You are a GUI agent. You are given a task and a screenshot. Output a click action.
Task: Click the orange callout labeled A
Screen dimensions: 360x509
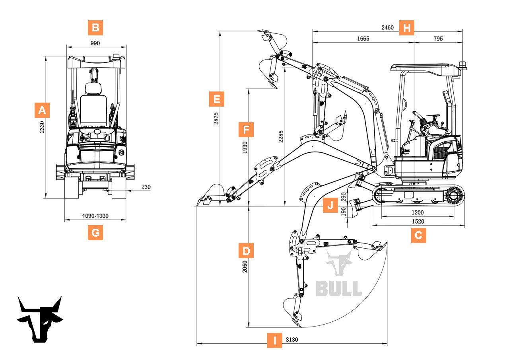[42, 110]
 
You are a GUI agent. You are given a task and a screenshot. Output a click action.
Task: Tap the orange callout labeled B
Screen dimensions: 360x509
[95, 28]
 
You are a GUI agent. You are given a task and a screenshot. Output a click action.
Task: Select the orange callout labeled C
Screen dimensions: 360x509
[418, 235]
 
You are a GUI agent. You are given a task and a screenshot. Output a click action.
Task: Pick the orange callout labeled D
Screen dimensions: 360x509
[246, 251]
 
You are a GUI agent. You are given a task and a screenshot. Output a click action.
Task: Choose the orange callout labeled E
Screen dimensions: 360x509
[217, 99]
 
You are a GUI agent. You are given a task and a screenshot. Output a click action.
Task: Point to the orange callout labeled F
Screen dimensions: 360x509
[246, 130]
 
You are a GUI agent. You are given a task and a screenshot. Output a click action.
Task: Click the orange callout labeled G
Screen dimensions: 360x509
[95, 232]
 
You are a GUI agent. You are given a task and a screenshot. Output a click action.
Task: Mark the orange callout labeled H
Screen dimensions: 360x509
[406, 28]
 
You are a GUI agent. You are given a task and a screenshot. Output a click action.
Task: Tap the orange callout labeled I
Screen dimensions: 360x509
[274, 341]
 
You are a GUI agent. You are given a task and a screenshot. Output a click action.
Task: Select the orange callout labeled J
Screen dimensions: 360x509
[330, 206]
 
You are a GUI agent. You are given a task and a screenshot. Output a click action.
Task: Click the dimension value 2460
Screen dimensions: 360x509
[387, 28]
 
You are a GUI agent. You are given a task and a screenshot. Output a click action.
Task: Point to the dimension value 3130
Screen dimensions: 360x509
[292, 340]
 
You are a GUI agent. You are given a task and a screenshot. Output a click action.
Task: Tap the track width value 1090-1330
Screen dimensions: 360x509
[95, 216]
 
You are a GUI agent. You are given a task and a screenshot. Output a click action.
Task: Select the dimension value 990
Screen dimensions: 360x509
[95, 43]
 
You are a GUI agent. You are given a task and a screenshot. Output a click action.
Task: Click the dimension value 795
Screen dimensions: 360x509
[438, 39]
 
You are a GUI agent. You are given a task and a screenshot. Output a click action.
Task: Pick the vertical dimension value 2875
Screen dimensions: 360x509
[216, 118]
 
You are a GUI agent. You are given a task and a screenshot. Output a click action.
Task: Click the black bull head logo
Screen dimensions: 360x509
[40, 319]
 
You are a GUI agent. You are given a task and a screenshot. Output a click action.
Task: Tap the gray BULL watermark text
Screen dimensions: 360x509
[339, 288]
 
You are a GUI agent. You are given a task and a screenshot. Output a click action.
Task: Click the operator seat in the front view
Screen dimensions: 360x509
[93, 105]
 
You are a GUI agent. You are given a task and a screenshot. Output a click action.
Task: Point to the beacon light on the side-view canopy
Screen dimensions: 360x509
[462, 65]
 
